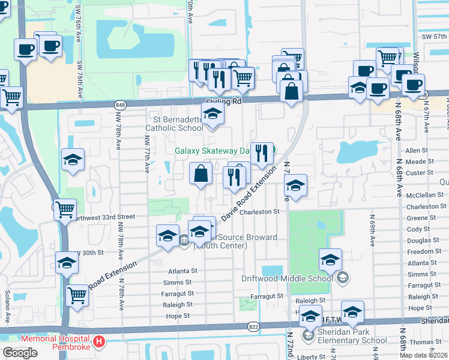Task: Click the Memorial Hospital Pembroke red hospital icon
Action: pyautogui.click(x=100, y=343)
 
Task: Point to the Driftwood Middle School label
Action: pyautogui.click(x=288, y=278)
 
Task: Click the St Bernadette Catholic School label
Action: pyautogui.click(x=174, y=123)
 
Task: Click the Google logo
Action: pyautogui.click(x=20, y=352)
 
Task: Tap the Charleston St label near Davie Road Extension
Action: pyautogui.click(x=260, y=211)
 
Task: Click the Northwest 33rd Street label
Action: pyautogui.click(x=104, y=217)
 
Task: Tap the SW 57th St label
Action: pyautogui.click(x=435, y=36)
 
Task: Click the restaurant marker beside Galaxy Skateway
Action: pyautogui.click(x=261, y=154)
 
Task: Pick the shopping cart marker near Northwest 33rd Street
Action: pyautogui.click(x=65, y=209)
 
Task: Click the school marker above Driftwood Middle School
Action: pyautogui.click(x=330, y=259)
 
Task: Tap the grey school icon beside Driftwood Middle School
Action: pyautogui.click(x=342, y=277)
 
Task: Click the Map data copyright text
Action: pyautogui.click(x=424, y=355)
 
